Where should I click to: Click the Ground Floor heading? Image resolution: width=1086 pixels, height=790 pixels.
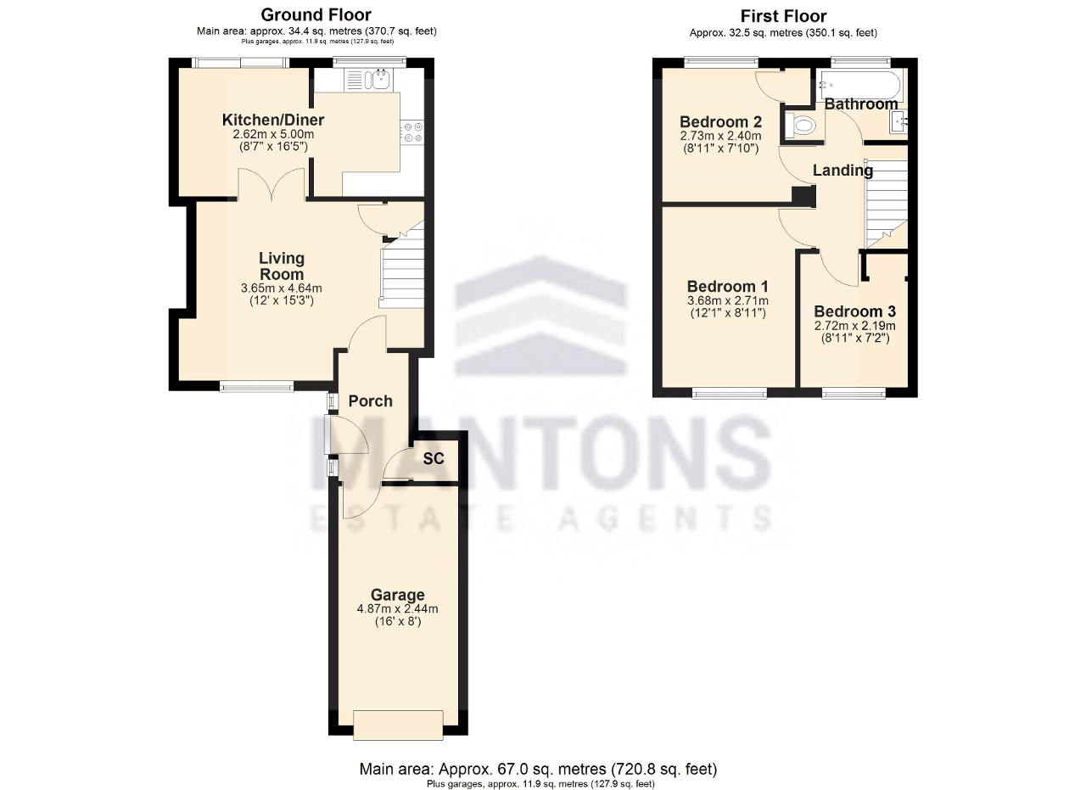pos(316,15)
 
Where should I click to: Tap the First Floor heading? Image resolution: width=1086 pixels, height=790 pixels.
pos(783,16)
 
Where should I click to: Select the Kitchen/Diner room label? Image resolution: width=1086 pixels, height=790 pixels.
pos(273,120)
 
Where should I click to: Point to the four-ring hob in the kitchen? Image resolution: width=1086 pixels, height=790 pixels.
pos(411,132)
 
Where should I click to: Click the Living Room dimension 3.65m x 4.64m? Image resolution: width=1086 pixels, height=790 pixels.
pos(281,288)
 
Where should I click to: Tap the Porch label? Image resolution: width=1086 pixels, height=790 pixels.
pos(371,401)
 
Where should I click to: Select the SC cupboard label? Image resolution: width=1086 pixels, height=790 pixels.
pos(434,459)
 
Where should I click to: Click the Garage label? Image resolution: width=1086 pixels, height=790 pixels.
pos(398,595)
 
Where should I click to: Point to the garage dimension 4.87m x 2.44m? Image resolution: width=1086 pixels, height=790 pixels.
pos(398,608)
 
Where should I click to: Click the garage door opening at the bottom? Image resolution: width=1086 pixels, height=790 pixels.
pos(398,725)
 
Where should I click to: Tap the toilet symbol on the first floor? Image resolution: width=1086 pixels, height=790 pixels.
pos(801,126)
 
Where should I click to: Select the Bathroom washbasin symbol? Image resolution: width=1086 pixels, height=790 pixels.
pos(898,121)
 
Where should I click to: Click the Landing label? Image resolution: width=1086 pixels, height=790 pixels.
pos(842,171)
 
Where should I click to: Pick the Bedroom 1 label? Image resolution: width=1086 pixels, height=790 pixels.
pos(728,286)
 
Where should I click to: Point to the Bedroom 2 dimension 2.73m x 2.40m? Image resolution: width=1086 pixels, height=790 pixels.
pos(720,137)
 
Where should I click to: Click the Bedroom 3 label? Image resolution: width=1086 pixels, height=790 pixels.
pos(854,311)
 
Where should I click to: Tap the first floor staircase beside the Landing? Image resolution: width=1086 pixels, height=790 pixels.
pos(887,203)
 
